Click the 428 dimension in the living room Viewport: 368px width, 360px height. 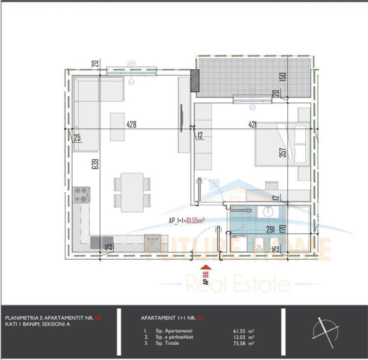(x=131, y=124)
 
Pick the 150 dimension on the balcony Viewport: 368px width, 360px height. (x=284, y=76)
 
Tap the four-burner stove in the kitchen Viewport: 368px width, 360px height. (x=82, y=195)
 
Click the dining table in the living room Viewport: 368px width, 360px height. (x=132, y=192)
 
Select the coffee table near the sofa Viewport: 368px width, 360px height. (x=117, y=127)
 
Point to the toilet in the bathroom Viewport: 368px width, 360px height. (x=259, y=244)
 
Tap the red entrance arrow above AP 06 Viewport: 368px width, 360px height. (x=206, y=267)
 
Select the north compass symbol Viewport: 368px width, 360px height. (x=326, y=331)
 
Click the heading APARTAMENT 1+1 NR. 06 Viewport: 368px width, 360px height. (x=172, y=318)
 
